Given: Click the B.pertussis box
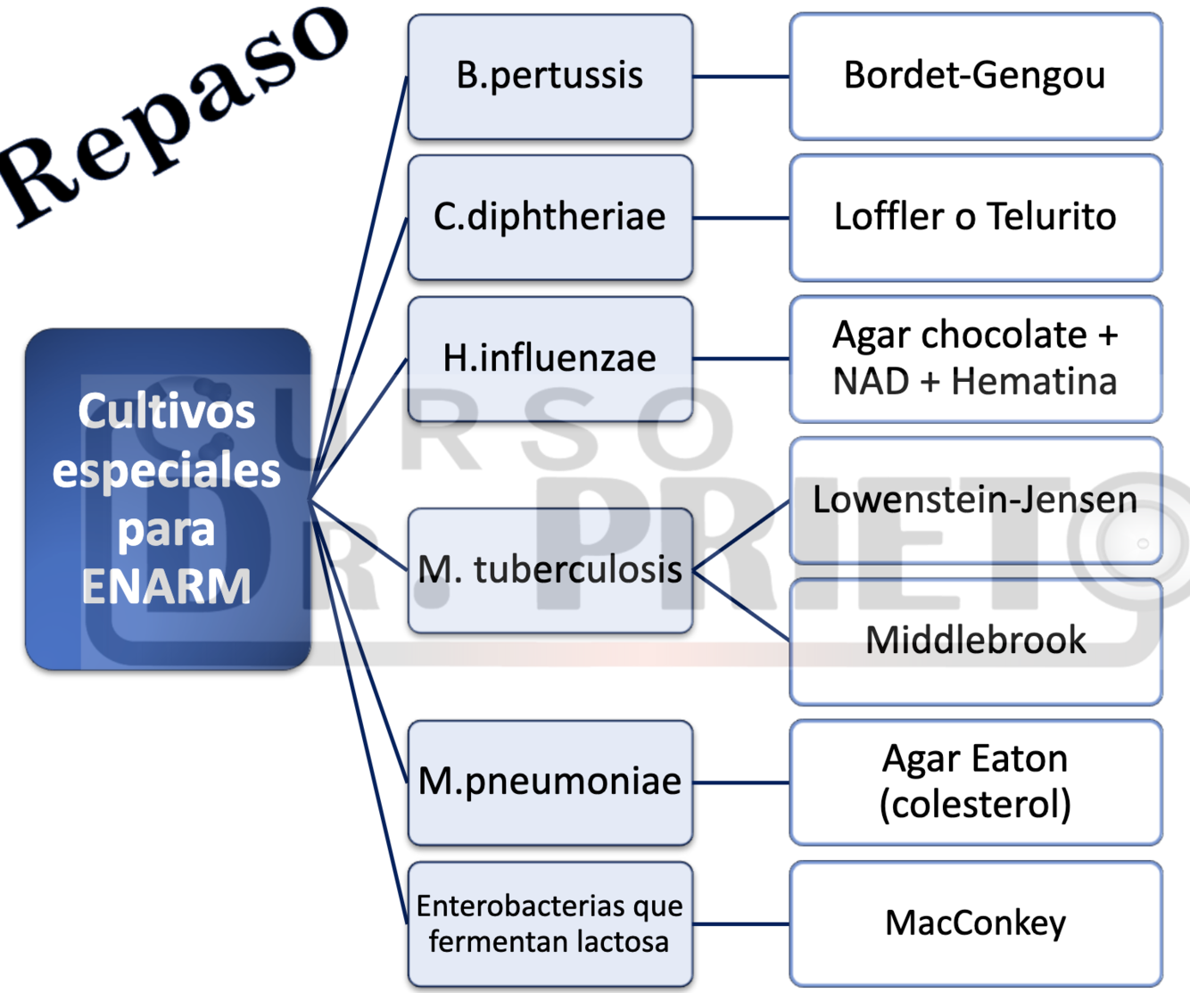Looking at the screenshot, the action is tap(550, 77).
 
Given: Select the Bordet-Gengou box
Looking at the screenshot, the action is tap(975, 77).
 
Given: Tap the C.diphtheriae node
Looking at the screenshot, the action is tap(550, 218).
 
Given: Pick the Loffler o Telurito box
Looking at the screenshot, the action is tap(975, 218).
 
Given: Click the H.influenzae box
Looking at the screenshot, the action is tap(550, 359).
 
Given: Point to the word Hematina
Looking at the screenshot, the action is tap(1034, 382).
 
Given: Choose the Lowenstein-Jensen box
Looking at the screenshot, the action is tap(975, 501).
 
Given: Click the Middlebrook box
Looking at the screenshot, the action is tap(975, 641).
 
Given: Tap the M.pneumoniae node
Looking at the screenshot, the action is tap(550, 782).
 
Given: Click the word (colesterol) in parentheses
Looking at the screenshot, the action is tap(975, 805).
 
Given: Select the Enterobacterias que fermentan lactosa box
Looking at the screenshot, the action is tap(550, 924).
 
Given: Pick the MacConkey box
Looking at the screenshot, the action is tap(975, 924).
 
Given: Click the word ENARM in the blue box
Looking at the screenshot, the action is tap(167, 587).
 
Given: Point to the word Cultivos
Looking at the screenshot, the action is tap(167, 411).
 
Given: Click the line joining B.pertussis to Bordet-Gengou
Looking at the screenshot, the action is tap(741, 77).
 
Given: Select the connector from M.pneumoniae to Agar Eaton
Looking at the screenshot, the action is tap(741, 782).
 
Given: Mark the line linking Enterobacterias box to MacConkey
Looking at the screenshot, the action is tap(741, 924).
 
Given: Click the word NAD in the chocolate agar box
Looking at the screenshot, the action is tap(871, 382).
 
